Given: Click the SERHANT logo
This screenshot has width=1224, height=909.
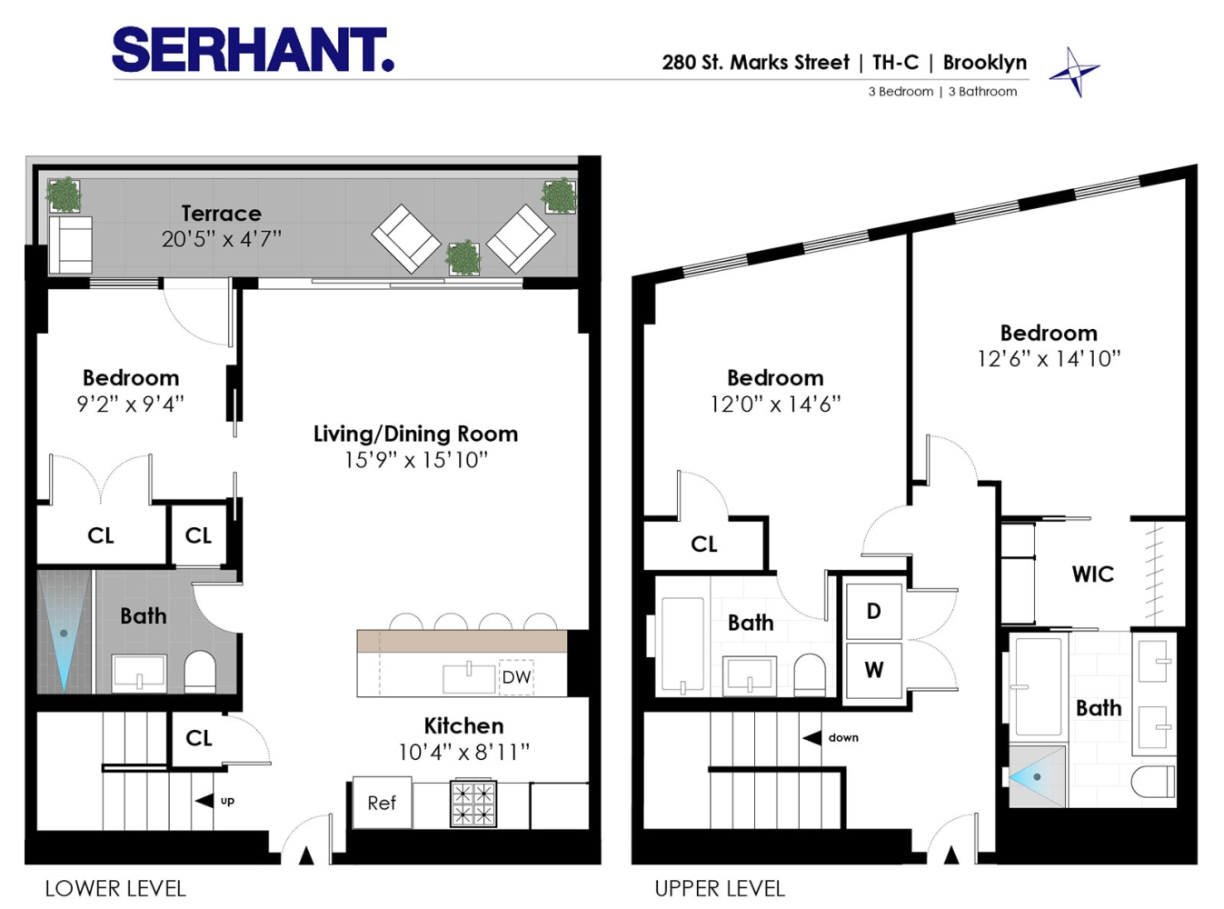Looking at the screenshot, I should [253, 50].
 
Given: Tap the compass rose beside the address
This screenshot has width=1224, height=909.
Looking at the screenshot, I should [1074, 71].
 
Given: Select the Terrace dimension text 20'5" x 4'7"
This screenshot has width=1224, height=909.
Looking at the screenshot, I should [222, 239].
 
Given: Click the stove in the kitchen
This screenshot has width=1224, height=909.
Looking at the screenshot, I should [473, 804].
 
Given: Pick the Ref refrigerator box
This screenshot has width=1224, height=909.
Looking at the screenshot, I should [382, 803].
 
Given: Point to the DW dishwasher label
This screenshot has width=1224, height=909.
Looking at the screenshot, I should [516, 677].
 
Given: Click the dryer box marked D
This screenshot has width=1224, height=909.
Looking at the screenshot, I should [873, 611].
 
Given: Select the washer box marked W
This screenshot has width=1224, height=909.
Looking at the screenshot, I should [873, 670].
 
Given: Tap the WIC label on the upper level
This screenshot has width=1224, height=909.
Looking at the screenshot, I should [1092, 574].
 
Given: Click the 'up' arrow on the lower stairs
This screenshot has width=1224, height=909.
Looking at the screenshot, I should [205, 801].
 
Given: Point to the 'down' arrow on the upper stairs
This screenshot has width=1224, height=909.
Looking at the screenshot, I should [812, 737].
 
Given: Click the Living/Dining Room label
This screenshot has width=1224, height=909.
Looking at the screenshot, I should [415, 435].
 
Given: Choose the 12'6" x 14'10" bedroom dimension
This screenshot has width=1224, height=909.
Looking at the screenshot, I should [1049, 359].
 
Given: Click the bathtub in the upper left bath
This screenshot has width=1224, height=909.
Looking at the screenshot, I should [682, 644].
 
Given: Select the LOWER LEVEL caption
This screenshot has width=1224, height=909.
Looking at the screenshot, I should [115, 888].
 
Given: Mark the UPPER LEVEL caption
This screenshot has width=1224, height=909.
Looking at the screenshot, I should [720, 888].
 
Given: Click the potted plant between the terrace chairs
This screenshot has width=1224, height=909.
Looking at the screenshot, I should [463, 258].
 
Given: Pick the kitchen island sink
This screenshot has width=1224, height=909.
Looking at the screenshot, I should [469, 677].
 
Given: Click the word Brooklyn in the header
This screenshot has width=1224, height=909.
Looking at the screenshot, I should [985, 63].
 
